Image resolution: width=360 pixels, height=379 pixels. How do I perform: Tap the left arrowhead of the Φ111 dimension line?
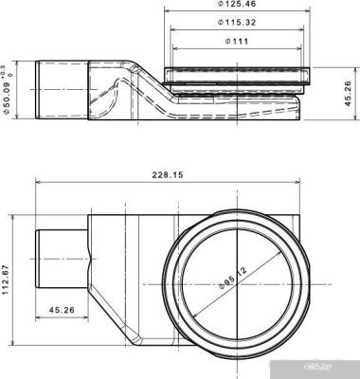[x=171, y=46]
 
